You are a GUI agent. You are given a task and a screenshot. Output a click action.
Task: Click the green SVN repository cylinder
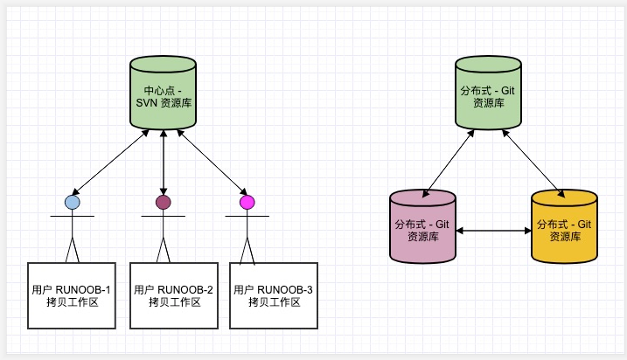click(164, 93)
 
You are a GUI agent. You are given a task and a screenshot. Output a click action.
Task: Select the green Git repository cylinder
click(488, 93)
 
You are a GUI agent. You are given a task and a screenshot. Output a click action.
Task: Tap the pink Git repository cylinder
click(422, 226)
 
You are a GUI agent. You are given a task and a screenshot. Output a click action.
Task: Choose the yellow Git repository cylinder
click(565, 226)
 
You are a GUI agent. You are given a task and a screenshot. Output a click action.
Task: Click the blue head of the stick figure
click(73, 202)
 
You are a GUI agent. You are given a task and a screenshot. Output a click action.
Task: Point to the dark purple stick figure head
click(164, 202)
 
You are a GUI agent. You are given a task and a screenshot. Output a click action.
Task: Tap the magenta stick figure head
click(247, 202)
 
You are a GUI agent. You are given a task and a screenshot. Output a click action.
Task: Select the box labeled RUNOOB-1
click(72, 295)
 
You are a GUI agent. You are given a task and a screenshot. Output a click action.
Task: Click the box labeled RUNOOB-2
click(174, 295)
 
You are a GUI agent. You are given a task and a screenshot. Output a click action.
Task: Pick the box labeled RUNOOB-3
click(274, 295)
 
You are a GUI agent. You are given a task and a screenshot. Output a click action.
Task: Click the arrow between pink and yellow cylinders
click(494, 231)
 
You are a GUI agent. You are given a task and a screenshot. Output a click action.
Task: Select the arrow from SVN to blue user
click(110, 163)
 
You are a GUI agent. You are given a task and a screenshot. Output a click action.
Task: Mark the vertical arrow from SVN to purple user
click(164, 163)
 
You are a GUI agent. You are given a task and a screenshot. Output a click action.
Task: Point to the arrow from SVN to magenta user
click(212, 162)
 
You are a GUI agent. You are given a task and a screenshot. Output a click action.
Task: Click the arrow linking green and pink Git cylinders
click(449, 163)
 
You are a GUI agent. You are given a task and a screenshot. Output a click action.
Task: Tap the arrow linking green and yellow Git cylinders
click(533, 163)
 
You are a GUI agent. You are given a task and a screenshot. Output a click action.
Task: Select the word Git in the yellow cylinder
click(584, 225)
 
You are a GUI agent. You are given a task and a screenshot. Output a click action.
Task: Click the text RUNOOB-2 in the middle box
click(185, 290)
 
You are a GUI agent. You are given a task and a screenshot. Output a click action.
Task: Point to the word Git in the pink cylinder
click(442, 225)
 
